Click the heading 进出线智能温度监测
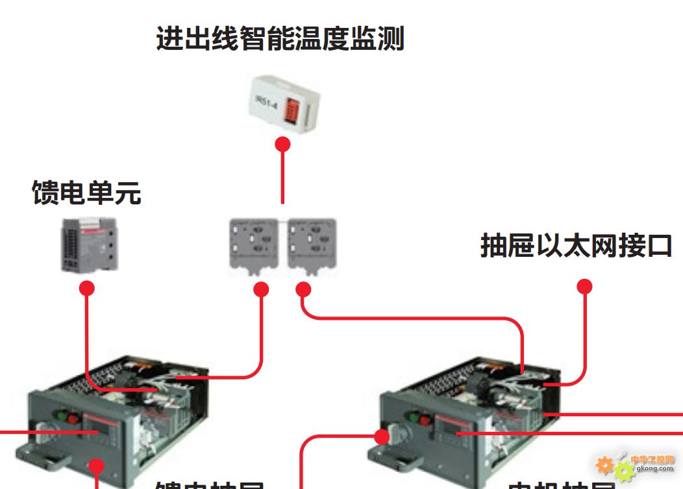pyautogui.click(x=280, y=38)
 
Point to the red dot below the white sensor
pyautogui.click(x=282, y=143)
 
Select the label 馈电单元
pyautogui.click(x=86, y=193)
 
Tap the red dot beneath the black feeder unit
pyautogui.click(x=87, y=288)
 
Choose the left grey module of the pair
pyautogui.click(x=256, y=246)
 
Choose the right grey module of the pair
pyautogui.click(x=312, y=246)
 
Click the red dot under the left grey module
pyautogui.click(x=261, y=289)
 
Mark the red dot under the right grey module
pyautogui.click(x=304, y=289)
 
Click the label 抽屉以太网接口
pyautogui.click(x=576, y=246)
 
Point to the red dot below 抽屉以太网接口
pyautogui.click(x=585, y=286)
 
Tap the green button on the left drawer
pyautogui.click(x=64, y=415)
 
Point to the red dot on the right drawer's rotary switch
pyautogui.click(x=382, y=437)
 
